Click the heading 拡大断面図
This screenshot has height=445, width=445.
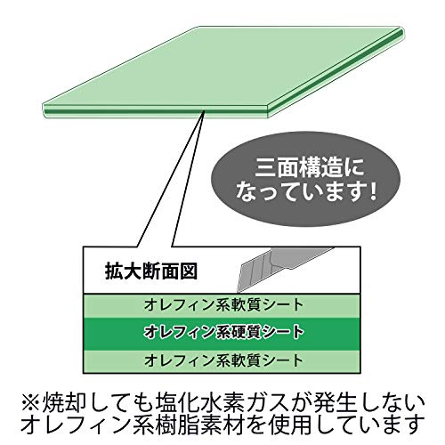151,271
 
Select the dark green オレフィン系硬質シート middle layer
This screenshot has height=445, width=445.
222,334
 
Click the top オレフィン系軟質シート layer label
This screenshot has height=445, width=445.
223,305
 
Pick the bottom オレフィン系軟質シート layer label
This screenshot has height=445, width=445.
223,360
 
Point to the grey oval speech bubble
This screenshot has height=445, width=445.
305,180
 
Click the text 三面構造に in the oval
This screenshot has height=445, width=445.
310,168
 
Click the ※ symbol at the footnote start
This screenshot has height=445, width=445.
30,403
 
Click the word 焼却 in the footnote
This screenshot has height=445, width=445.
63,403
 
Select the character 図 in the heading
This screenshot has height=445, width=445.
189,271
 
